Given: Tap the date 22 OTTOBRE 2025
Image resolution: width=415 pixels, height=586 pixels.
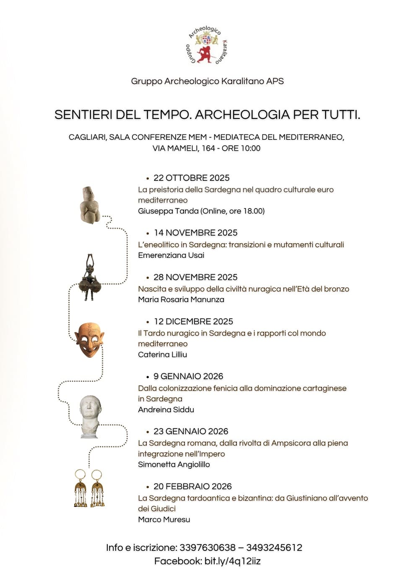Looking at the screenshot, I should point(192,178).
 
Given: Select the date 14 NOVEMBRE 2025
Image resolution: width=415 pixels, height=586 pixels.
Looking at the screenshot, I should point(195,233).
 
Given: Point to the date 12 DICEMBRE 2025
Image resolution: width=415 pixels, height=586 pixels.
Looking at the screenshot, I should point(193,321).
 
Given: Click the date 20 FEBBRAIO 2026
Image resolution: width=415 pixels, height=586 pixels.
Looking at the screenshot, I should point(192,486).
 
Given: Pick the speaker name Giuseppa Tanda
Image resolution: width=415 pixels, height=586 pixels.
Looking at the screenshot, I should point(168,211).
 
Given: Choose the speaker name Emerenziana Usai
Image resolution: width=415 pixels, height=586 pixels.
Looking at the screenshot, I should point(171,255).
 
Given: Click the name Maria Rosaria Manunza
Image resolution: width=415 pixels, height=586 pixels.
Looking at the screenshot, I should point(181,300).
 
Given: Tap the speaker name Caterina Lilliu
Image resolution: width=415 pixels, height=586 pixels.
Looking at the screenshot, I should point(163,355).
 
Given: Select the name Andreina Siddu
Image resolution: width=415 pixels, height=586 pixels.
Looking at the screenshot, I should point(166,410).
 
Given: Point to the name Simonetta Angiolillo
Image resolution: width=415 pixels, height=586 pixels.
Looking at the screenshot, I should point(174,465).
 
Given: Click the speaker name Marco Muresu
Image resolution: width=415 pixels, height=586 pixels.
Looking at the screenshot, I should point(164,519).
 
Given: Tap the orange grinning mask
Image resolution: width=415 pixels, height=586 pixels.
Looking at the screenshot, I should point(89,339).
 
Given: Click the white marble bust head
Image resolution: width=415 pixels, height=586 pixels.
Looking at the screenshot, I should point(90,416).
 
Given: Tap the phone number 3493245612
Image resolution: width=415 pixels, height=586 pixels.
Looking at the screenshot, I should point(274,547).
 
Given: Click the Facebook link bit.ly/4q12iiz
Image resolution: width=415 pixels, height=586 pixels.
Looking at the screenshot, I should point(232,561).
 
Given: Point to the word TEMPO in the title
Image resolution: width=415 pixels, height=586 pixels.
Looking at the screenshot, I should point(166,115).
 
